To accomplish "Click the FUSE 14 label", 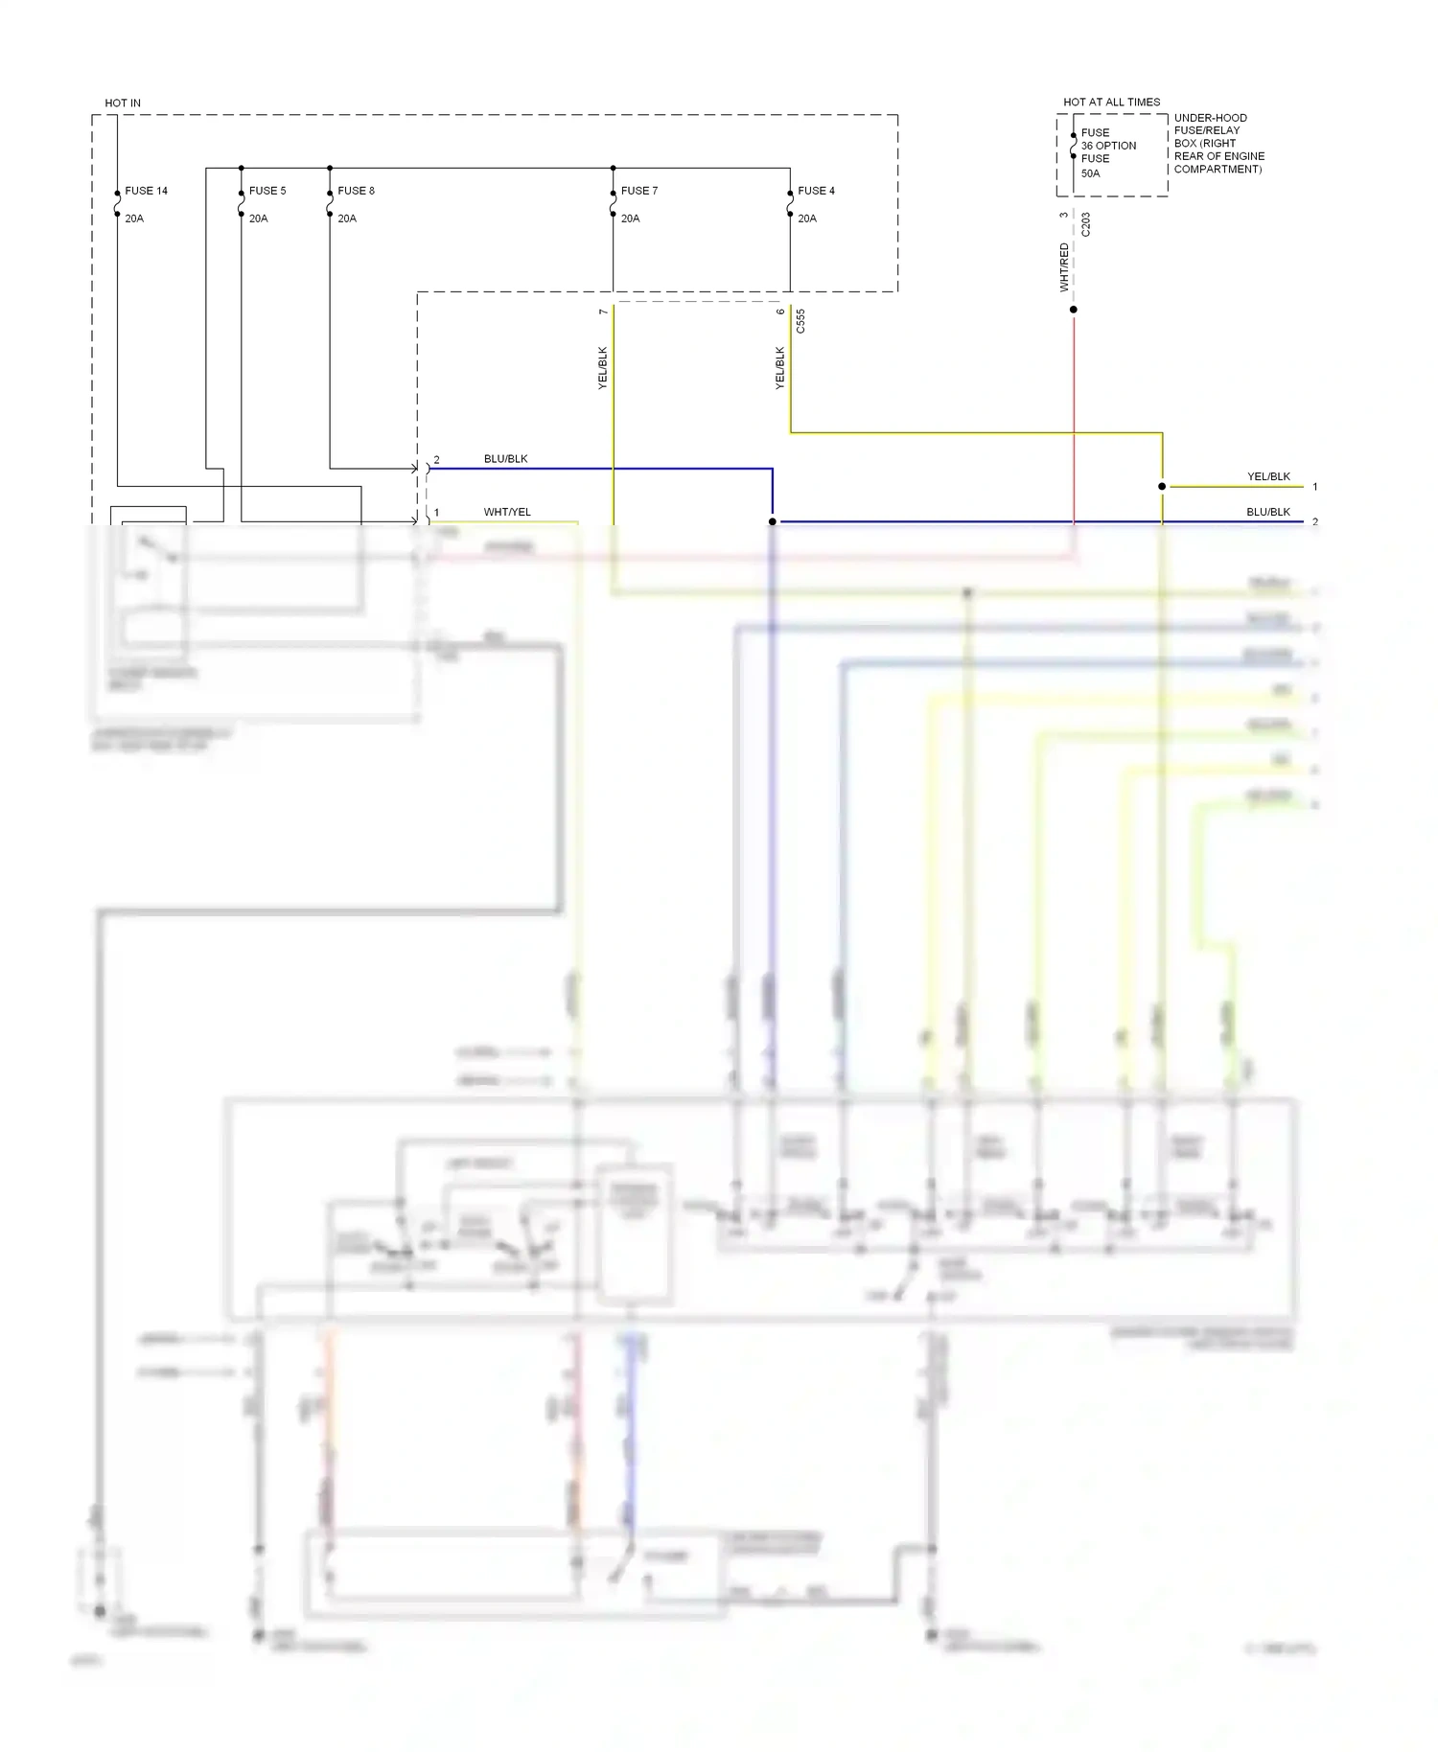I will (146, 191).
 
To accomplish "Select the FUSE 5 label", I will (267, 191).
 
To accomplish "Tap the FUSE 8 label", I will (356, 191).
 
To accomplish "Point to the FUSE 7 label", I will (639, 191).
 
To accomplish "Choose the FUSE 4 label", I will (816, 191).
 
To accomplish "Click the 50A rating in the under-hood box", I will (1091, 173).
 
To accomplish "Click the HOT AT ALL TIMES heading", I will (1111, 102).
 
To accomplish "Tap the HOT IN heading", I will (123, 103).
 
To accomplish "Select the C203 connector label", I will (1086, 225).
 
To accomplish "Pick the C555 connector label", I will (800, 321).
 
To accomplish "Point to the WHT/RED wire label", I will (1064, 267).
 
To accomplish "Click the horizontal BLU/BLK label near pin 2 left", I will (505, 459).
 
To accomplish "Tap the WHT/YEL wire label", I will (507, 512).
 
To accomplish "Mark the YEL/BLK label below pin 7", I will (603, 367).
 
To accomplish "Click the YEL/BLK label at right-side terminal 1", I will (1268, 476).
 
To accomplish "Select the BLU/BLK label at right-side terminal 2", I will (1268, 512).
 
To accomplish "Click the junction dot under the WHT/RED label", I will (1074, 310).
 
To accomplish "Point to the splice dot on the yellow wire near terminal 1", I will (1162, 487).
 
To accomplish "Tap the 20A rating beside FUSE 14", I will (134, 219).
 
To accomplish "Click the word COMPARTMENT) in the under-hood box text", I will (1218, 169).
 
